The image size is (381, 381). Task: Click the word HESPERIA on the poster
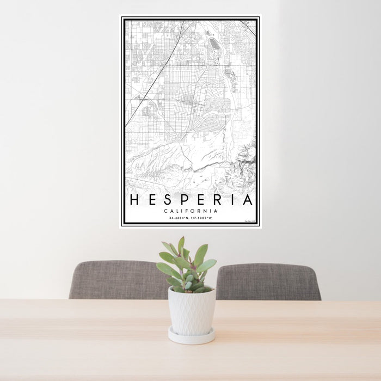(x=191, y=200)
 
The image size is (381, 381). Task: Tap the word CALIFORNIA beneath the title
(x=191, y=211)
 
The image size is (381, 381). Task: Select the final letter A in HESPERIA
(x=248, y=200)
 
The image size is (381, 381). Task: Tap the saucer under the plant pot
(x=191, y=336)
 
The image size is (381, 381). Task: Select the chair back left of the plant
(x=117, y=280)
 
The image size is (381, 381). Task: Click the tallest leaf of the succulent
(x=181, y=245)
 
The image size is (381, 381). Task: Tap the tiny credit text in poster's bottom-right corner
(x=249, y=221)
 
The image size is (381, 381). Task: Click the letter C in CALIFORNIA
(x=165, y=211)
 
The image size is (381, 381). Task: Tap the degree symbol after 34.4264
(x=183, y=217)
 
